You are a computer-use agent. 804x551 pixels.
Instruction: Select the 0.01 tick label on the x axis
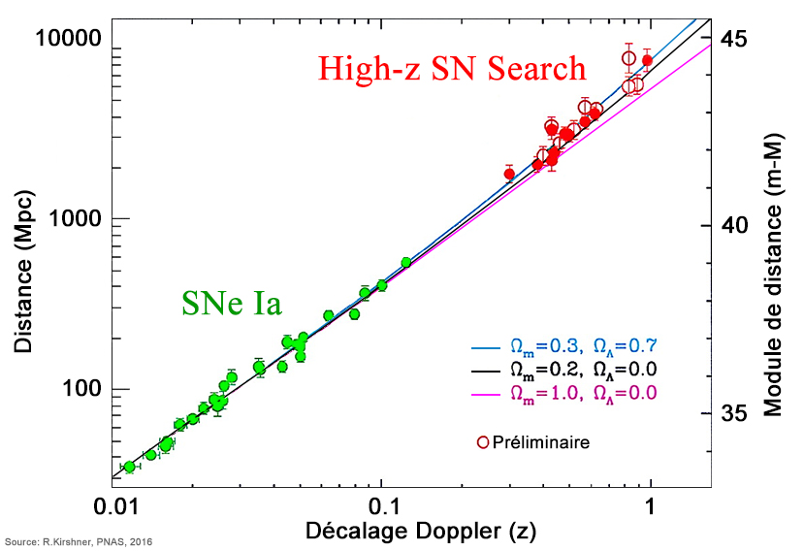(117, 506)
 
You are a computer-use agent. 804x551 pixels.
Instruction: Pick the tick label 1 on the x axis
(651, 506)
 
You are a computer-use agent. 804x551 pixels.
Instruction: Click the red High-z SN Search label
(453, 69)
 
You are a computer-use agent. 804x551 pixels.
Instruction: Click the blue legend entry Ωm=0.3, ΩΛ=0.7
(584, 346)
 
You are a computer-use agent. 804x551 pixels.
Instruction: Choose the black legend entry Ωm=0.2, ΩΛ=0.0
(584, 370)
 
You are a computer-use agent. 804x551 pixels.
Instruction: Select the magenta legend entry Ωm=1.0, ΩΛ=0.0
(584, 393)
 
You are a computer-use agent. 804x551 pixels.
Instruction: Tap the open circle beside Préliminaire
(482, 442)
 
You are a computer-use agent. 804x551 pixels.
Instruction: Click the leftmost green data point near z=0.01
(129, 467)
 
